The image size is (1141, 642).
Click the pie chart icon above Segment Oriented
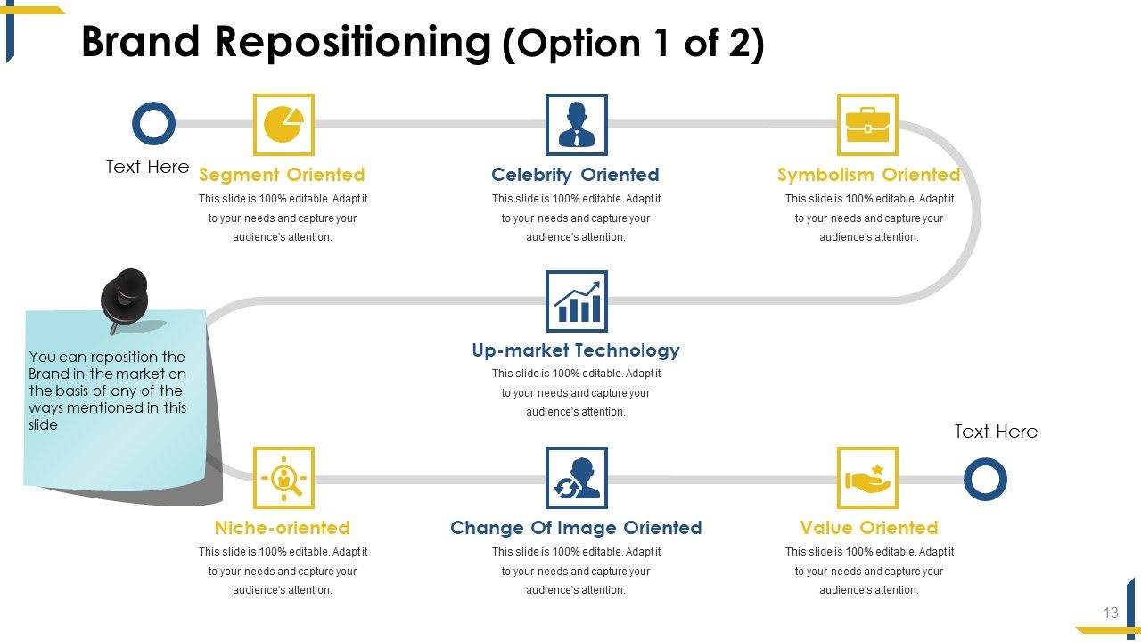[x=283, y=125]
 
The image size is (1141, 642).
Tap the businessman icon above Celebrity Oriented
[x=576, y=125]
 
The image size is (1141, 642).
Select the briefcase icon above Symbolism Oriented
[x=867, y=125]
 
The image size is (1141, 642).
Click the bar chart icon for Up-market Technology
[x=576, y=301]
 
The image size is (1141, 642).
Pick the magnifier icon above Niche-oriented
[x=283, y=478]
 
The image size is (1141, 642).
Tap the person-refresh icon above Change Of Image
[x=576, y=478]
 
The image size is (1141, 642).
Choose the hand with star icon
[x=867, y=478]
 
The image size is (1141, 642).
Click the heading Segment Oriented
[x=282, y=175]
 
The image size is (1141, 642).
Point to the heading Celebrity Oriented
[x=575, y=175]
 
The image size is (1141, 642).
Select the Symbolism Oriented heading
[x=868, y=175]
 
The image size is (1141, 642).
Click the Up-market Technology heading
[x=575, y=350]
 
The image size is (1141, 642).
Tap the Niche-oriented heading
[x=282, y=528]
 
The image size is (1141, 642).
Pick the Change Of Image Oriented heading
[x=576, y=528]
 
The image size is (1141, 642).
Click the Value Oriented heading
[x=868, y=528]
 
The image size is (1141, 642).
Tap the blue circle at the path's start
[x=153, y=124]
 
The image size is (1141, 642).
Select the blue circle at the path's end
[x=985, y=479]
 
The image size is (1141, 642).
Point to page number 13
[x=1111, y=613]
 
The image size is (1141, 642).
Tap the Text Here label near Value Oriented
[x=996, y=432]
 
